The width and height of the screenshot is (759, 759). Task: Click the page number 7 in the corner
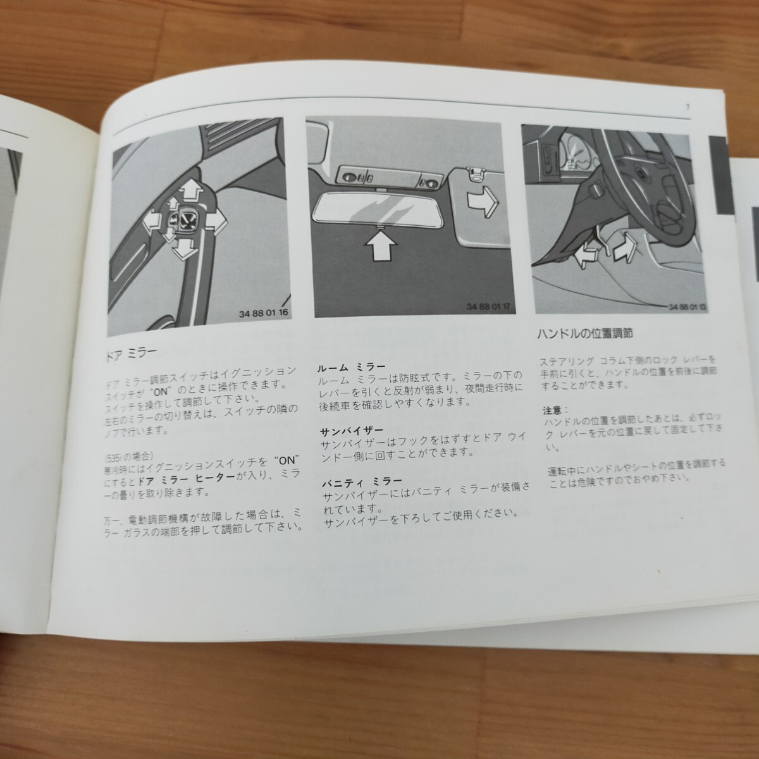(x=687, y=107)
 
